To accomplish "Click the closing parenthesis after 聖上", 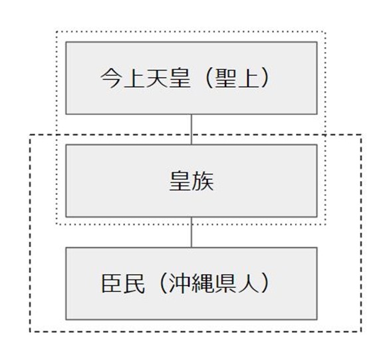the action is [265, 79].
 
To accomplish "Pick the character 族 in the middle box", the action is [203, 181].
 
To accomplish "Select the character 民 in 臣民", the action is [134, 283].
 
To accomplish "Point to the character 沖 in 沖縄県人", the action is [180, 283].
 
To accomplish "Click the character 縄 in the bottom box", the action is [202, 283].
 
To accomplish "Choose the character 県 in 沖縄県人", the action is [225, 283].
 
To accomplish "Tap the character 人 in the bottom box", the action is [248, 283].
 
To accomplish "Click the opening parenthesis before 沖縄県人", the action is [163, 284].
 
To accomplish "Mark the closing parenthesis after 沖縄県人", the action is [265, 284].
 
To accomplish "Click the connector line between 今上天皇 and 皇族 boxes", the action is [192, 130].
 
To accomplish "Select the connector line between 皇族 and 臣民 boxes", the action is [192, 232].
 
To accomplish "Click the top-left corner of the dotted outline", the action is [57, 32].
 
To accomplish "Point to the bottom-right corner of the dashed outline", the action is [361, 331].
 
